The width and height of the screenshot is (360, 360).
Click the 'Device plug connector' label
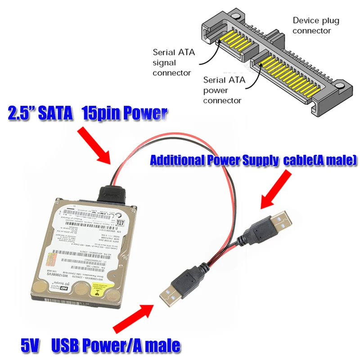tap(316, 26)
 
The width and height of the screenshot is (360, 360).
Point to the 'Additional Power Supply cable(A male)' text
tap(253, 159)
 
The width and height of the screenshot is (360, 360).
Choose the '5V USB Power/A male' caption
tap(100, 346)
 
